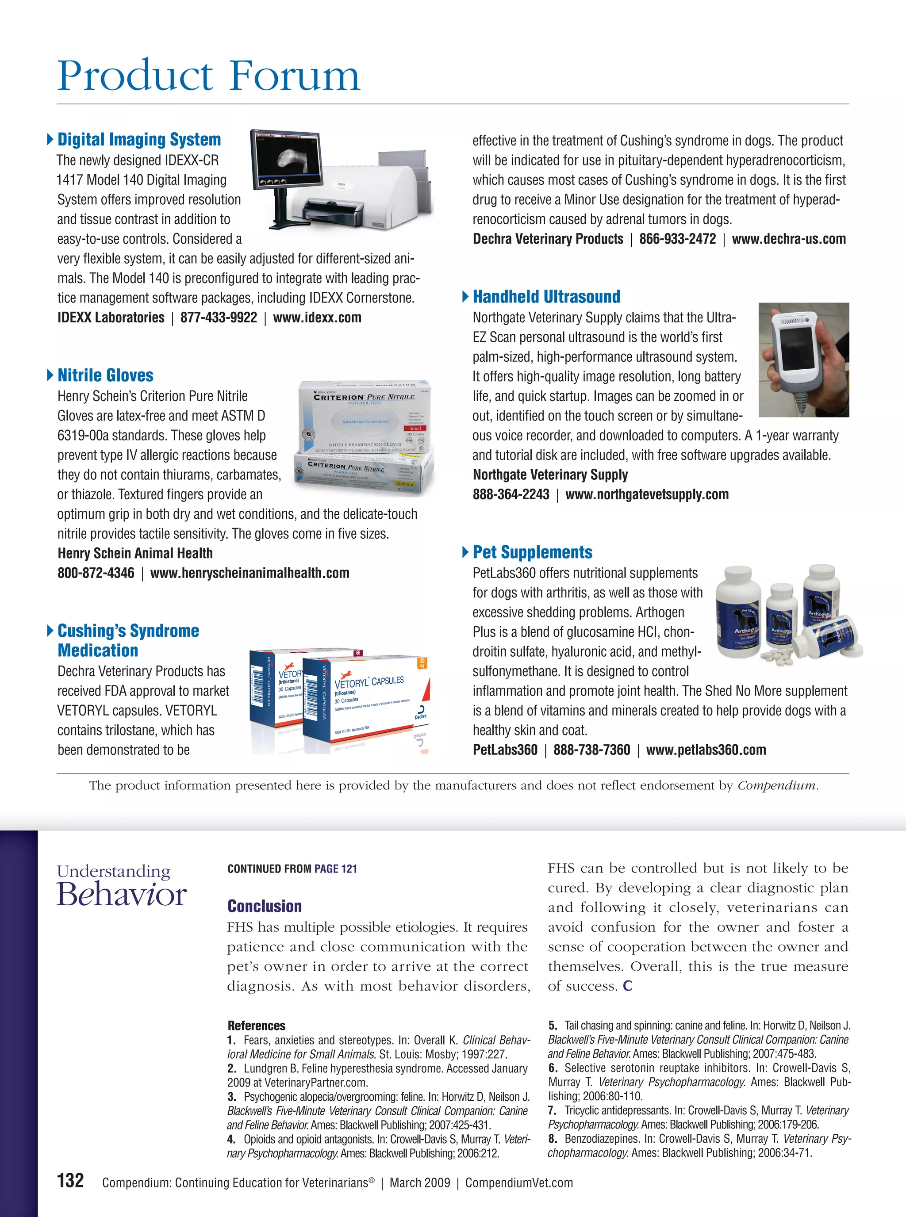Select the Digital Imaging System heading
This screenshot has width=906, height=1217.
(139, 139)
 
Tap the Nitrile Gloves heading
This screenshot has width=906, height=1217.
(105, 375)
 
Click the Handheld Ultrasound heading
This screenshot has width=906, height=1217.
(546, 297)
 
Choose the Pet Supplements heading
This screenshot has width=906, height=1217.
(533, 552)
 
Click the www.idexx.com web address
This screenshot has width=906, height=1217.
(317, 318)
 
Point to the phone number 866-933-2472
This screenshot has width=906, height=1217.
(677, 239)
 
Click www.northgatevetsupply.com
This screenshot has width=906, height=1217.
(647, 494)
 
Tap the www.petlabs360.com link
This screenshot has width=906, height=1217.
(706, 750)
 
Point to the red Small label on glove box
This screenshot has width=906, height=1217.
(415, 428)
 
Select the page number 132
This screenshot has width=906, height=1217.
(70, 1181)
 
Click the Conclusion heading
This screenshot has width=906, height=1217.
(265, 906)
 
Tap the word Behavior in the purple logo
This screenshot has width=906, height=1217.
(122, 895)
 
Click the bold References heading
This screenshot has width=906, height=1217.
(256, 1026)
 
